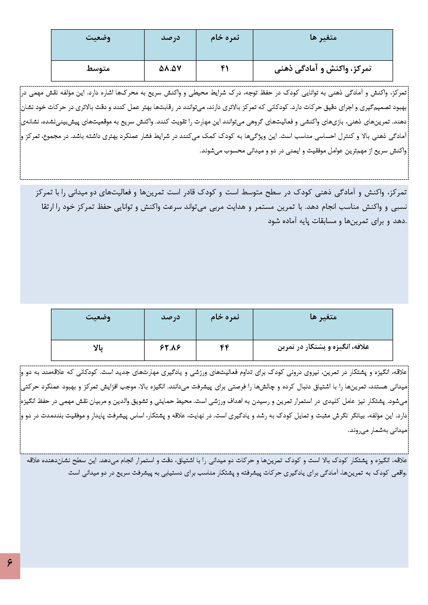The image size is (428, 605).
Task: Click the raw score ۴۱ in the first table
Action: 225,69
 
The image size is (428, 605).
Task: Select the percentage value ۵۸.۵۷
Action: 170,69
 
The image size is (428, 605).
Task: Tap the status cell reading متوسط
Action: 98,69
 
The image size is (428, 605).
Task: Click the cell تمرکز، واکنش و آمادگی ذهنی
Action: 323,69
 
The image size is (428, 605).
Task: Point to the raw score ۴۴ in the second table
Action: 225,348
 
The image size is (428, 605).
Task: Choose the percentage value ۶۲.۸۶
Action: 170,348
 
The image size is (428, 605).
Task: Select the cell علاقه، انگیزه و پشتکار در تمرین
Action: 323,348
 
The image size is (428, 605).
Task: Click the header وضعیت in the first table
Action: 98,38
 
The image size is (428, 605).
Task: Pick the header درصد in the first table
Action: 171,38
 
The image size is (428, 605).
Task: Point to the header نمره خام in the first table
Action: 225,38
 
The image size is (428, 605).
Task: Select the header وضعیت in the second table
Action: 98,317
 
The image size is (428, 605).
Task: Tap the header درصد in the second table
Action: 171,317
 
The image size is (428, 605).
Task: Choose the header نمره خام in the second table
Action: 225,317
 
